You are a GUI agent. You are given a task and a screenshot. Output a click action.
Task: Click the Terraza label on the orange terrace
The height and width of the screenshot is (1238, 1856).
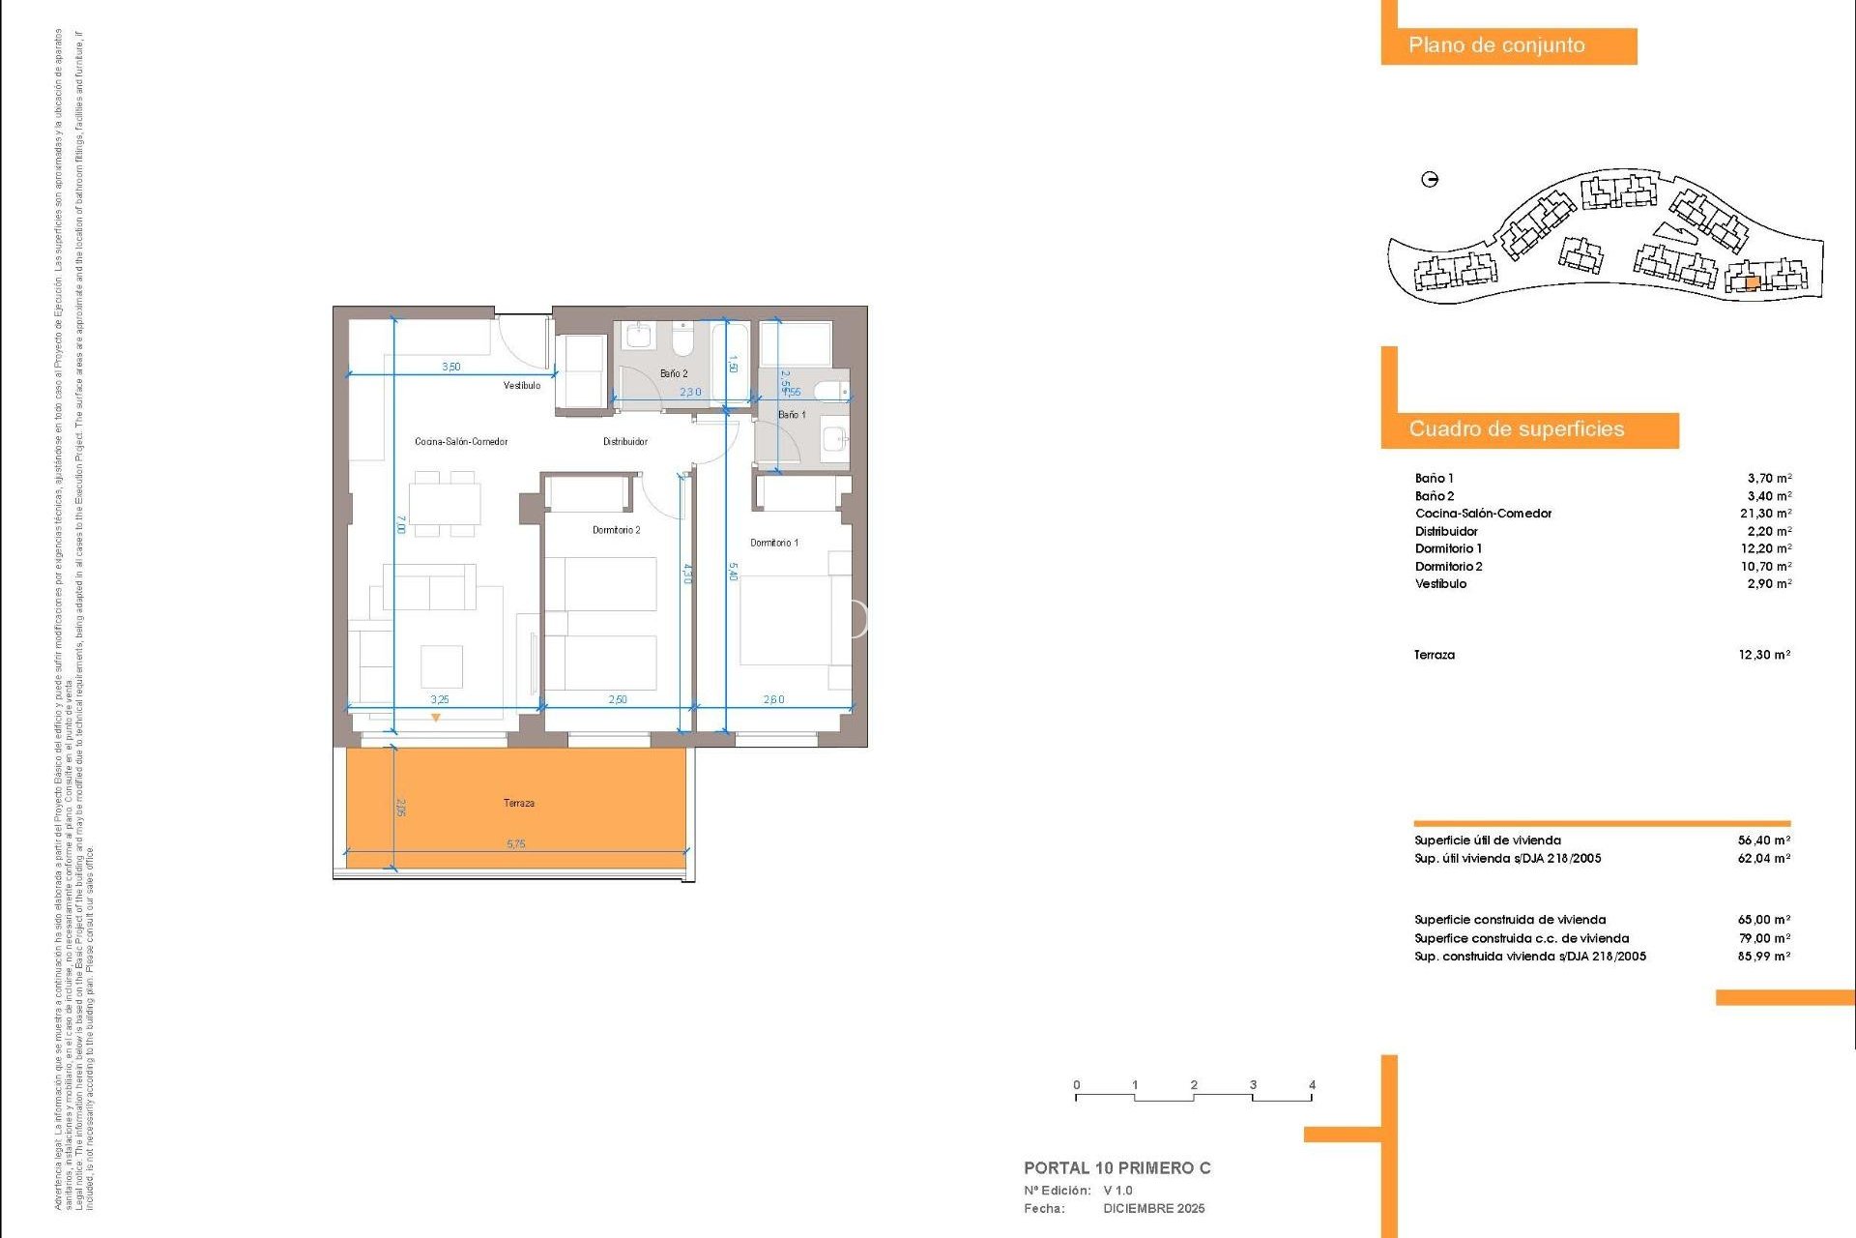[x=518, y=803]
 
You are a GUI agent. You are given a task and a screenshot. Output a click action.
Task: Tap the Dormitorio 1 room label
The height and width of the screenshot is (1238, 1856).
[x=773, y=543]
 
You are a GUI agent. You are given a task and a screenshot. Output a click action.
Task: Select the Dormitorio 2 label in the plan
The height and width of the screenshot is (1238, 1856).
[x=616, y=530]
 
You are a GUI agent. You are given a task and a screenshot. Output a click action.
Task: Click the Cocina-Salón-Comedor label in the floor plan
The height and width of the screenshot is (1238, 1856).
[x=461, y=442]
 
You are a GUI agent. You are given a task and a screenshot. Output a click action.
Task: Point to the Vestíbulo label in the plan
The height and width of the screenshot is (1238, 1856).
[x=522, y=386]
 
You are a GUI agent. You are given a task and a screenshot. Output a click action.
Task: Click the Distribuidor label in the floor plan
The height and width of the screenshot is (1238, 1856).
[x=624, y=442]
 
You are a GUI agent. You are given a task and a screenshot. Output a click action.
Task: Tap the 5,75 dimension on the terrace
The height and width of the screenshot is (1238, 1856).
[x=515, y=844]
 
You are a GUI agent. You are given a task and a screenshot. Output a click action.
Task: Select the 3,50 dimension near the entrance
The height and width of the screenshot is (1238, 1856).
[x=450, y=368]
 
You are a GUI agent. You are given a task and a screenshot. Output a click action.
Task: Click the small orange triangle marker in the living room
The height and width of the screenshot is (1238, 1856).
[x=436, y=718]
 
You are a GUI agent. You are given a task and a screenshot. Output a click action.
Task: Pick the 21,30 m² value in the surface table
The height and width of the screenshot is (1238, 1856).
[x=1765, y=514]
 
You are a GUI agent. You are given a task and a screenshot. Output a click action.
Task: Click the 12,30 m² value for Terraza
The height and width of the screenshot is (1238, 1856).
[x=1764, y=655]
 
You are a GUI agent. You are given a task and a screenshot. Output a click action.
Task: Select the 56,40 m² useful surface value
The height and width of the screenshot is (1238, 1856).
[x=1763, y=840]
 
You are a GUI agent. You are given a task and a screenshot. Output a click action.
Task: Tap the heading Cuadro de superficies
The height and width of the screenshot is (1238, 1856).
[x=1516, y=429]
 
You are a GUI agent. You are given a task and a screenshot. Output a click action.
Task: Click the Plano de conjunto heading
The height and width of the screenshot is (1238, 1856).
[x=1495, y=45]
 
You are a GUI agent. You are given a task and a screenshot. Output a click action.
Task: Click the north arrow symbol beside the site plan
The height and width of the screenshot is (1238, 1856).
[x=1430, y=179]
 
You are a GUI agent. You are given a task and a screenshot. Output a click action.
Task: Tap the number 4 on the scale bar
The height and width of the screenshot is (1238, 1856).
[x=1312, y=1084]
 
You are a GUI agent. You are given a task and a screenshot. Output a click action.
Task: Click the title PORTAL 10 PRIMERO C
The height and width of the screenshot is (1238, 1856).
[x=1116, y=1167]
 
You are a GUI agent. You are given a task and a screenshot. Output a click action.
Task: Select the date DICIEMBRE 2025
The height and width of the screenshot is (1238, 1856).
[x=1153, y=1208]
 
